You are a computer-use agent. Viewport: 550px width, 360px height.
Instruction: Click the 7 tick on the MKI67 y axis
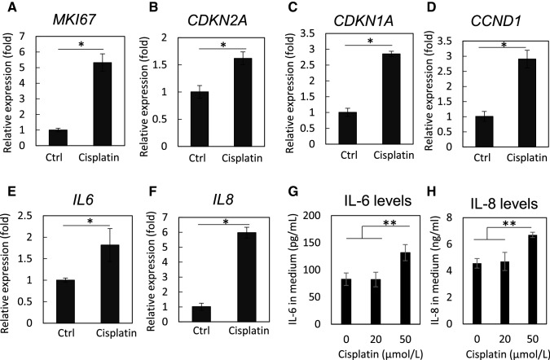(24, 37)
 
